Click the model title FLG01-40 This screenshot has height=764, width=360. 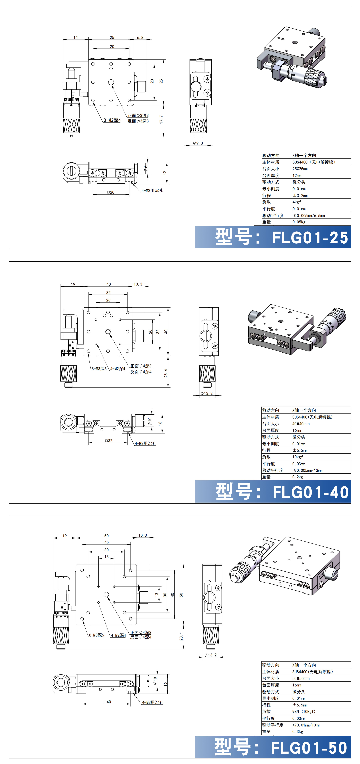310,492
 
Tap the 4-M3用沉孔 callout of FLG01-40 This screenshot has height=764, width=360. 145,443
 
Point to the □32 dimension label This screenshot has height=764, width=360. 109,440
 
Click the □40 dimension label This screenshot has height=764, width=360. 107,702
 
